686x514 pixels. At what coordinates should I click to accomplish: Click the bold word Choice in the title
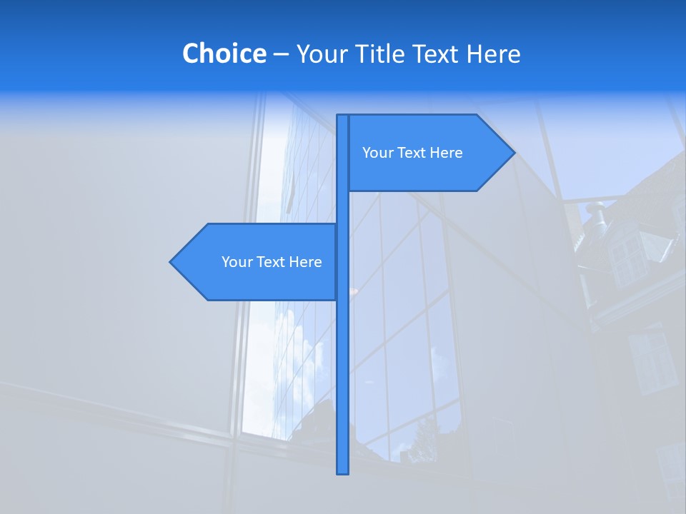pos(224,54)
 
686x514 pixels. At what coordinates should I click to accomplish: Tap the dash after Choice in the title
pos(281,54)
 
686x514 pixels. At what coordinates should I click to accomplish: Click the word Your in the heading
pos(320,54)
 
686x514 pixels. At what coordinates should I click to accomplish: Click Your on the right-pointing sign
pos(377,153)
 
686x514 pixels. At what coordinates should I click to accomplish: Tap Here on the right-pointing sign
pos(446,153)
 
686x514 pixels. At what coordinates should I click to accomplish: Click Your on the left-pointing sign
pos(236,262)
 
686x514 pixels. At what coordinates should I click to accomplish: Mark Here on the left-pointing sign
pos(305,262)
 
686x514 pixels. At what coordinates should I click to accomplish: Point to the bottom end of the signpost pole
pos(343,471)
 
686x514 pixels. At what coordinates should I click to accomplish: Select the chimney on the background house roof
pos(595,212)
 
